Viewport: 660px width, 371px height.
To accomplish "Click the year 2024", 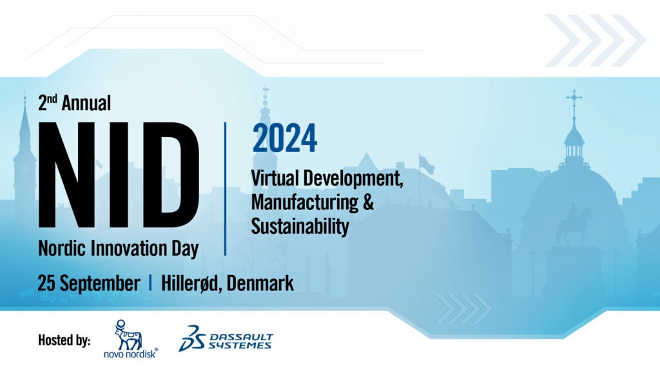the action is (x=284, y=138).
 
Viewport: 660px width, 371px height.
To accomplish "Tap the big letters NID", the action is (x=119, y=175).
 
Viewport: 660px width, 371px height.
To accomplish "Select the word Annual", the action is (x=86, y=103).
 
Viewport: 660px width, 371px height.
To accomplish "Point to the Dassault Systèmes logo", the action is (x=226, y=338).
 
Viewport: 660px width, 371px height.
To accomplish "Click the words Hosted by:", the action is (x=64, y=340).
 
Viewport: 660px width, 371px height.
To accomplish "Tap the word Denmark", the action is (x=260, y=283).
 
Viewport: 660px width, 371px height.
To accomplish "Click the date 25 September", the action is (x=89, y=283).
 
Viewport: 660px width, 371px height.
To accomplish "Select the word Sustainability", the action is (x=300, y=226).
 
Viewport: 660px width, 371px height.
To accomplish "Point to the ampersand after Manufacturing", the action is (x=368, y=202).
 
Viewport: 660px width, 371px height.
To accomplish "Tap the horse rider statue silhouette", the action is (x=573, y=224).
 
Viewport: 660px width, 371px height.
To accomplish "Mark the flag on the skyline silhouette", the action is (x=426, y=164).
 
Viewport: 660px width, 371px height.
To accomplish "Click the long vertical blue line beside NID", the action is (x=225, y=189).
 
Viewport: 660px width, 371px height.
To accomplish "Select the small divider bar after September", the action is (x=150, y=283).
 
